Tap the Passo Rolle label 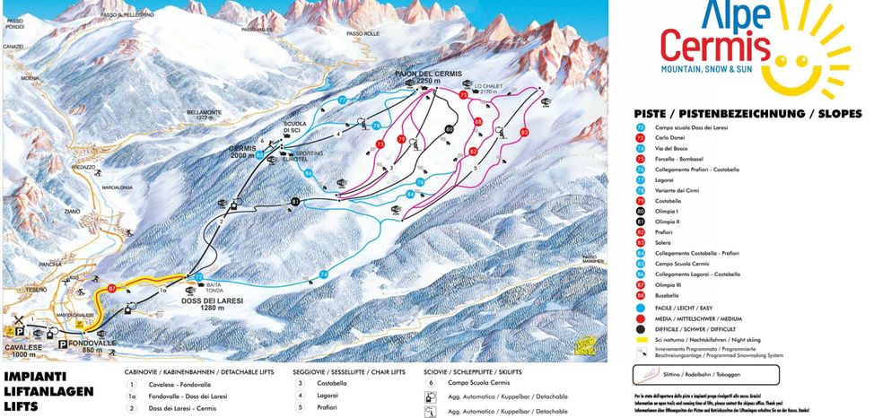coord(363,33)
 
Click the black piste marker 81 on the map coord(294,203)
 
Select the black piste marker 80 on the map coord(449,129)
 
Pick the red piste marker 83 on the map coord(524,132)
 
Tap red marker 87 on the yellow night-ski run coord(112,288)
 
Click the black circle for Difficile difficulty coord(641,328)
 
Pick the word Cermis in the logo coord(715,45)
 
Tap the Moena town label coord(31,78)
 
